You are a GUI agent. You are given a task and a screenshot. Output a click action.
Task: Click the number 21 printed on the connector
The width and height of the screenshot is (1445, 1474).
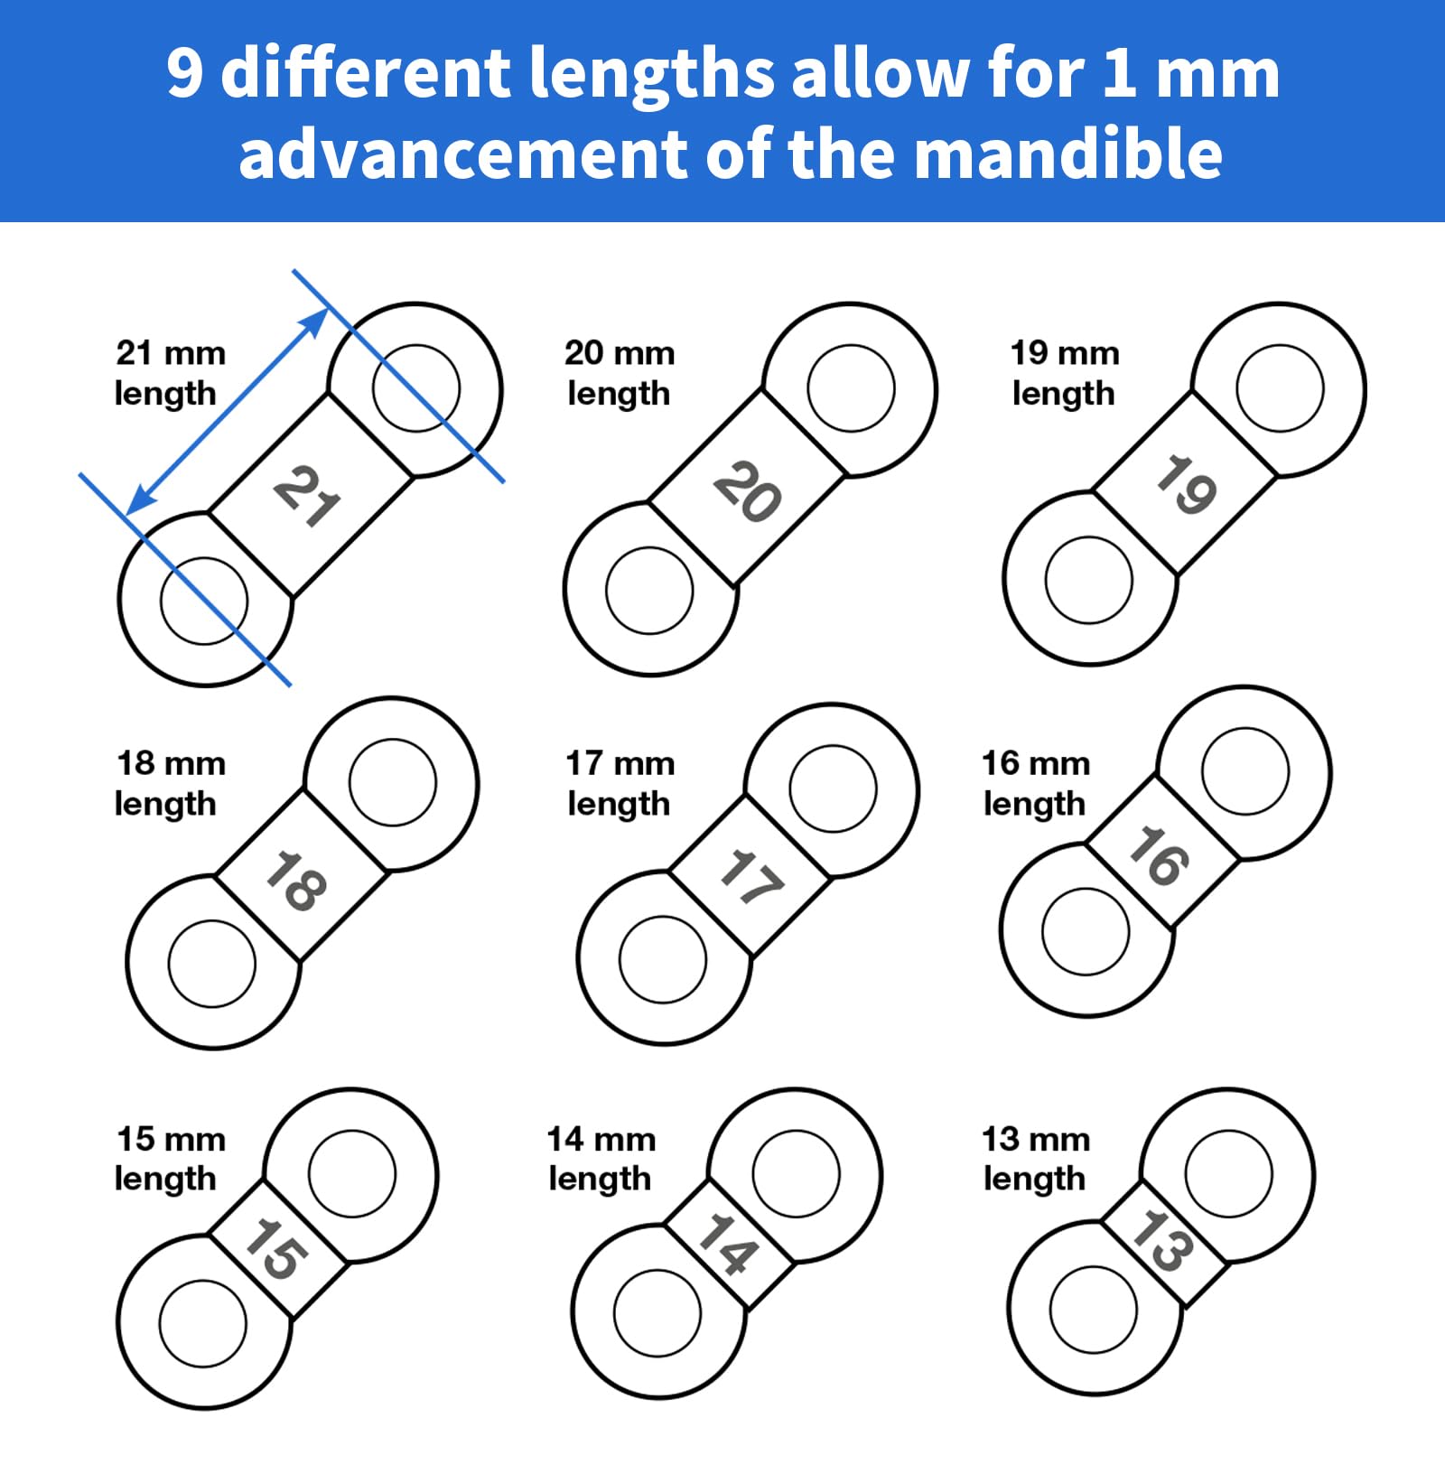pyautogui.click(x=307, y=496)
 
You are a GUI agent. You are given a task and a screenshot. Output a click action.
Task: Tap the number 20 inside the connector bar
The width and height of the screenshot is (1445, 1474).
pyautogui.click(x=747, y=491)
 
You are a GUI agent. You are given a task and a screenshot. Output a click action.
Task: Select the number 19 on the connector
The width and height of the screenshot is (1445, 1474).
pyautogui.click(x=1187, y=485)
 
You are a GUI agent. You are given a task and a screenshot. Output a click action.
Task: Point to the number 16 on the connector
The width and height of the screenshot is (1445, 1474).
pyautogui.click(x=1159, y=854)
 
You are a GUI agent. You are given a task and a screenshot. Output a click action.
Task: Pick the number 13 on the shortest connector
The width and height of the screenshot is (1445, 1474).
pyautogui.click(x=1162, y=1241)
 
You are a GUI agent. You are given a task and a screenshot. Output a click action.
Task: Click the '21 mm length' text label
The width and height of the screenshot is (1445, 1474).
pyautogui.click(x=169, y=372)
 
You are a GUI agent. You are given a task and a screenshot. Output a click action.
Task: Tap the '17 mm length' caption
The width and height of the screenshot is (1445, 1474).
pyautogui.click(x=620, y=782)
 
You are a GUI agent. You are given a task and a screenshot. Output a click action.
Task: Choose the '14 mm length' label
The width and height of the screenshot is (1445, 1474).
pyautogui.click(x=601, y=1158)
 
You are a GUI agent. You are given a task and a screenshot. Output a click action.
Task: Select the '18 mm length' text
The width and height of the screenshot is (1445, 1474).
pyautogui.click(x=169, y=782)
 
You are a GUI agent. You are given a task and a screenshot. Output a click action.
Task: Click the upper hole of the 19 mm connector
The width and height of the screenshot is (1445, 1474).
pyautogui.click(x=1280, y=387)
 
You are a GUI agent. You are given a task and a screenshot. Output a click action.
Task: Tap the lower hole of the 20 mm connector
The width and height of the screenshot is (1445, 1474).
pyautogui.click(x=649, y=591)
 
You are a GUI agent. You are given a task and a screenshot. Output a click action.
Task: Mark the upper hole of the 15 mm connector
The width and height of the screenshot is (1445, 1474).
pyautogui.click(x=351, y=1174)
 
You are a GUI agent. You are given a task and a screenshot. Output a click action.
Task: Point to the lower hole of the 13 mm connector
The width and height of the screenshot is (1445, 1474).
pyautogui.click(x=1094, y=1310)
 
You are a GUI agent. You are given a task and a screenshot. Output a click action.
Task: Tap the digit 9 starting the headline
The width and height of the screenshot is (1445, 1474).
pyautogui.click(x=184, y=72)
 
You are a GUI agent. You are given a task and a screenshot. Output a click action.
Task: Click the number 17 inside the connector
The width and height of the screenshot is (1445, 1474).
pyautogui.click(x=750, y=877)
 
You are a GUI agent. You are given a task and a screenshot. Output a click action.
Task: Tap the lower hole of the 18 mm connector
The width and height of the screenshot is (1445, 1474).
pyautogui.click(x=212, y=964)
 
